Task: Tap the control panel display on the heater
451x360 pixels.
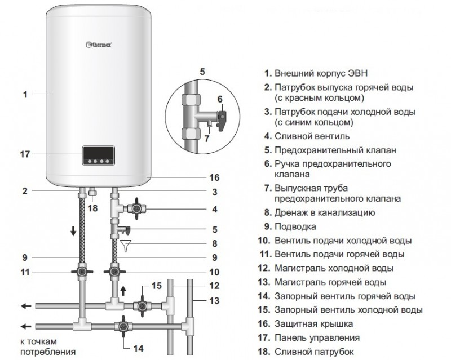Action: click(100, 155)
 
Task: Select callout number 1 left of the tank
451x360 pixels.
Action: click(25, 95)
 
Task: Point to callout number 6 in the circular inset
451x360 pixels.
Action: click(220, 99)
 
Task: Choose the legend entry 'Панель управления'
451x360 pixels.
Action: click(317, 338)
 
